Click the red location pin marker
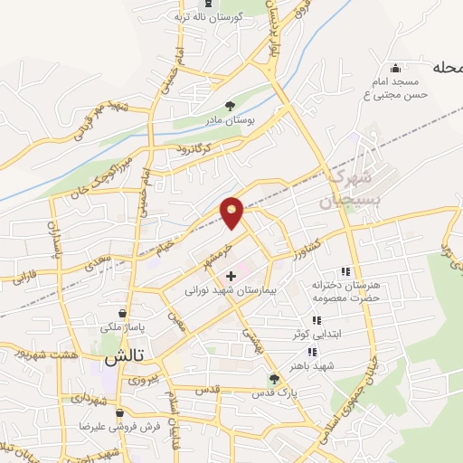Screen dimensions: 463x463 [x=232, y=213]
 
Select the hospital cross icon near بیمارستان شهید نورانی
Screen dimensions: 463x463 [x=231, y=275]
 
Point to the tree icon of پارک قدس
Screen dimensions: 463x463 [x=274, y=379]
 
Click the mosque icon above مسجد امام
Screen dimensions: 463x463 [x=394, y=69]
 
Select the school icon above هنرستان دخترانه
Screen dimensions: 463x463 [x=345, y=271]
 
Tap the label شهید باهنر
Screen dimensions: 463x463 [x=321, y=365]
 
